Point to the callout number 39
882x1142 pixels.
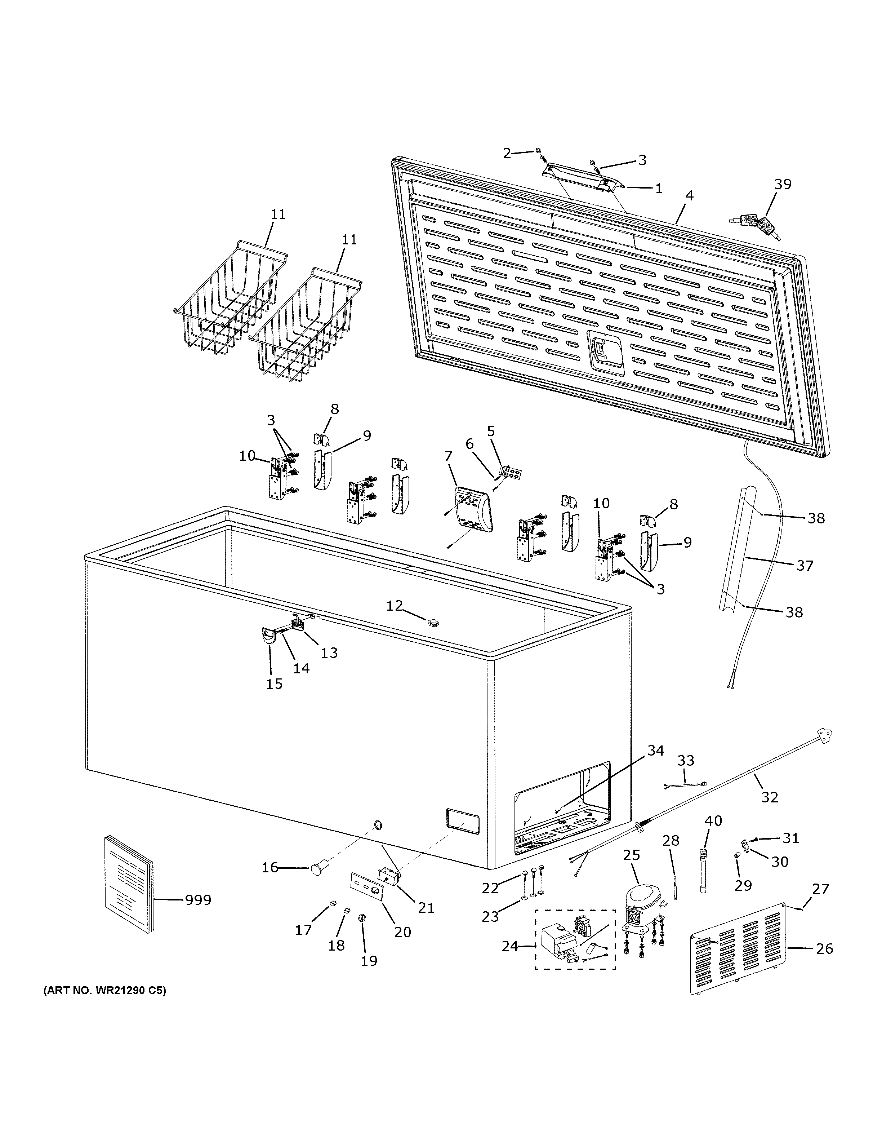(783, 184)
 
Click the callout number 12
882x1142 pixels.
(395, 606)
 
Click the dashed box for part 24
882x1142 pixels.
(575, 940)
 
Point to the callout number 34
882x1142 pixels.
(656, 751)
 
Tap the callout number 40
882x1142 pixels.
(713, 820)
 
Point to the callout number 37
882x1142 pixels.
(805, 565)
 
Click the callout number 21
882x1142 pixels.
(426, 907)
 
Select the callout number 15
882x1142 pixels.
(274, 683)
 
